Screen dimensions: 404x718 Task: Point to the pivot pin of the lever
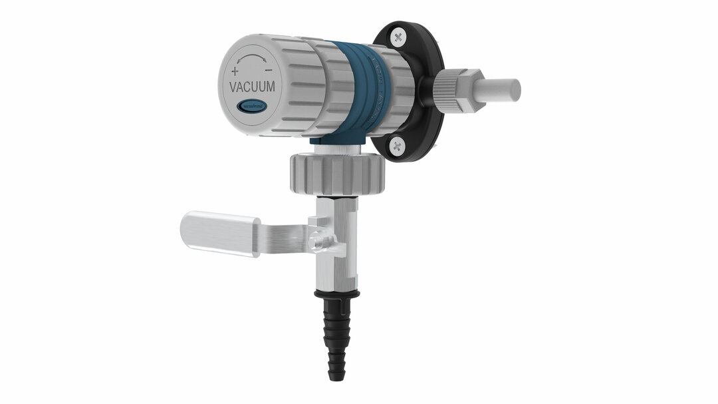click(x=319, y=238)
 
